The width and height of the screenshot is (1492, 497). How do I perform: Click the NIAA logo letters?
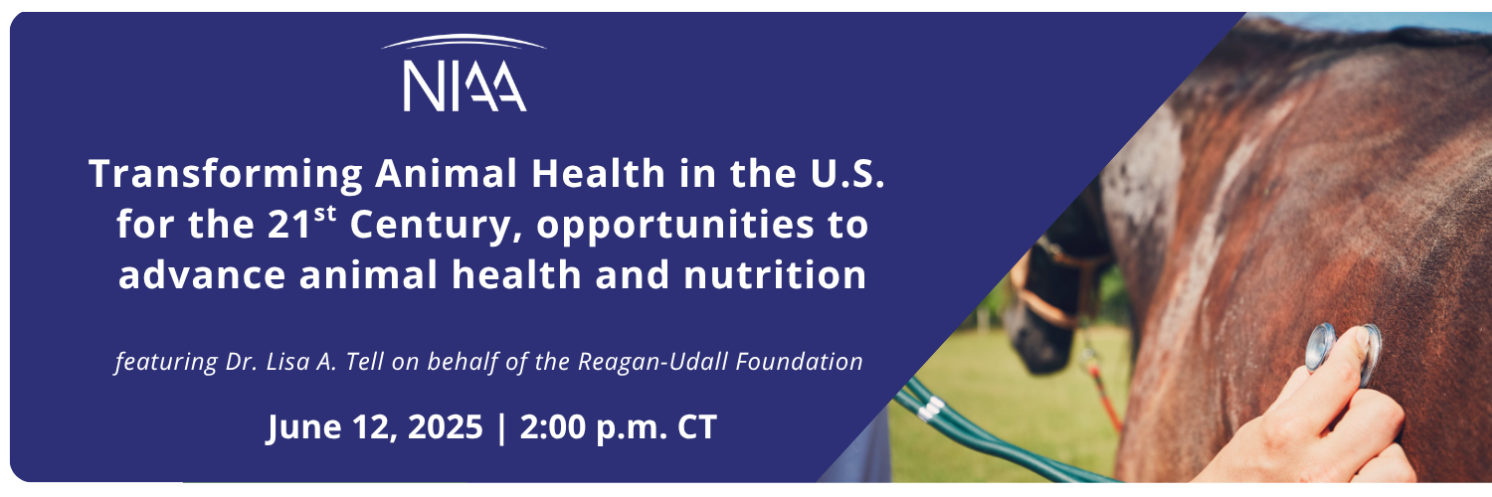465,86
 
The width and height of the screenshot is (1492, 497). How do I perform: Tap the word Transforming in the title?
226,174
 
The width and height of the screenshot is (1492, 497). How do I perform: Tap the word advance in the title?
202,274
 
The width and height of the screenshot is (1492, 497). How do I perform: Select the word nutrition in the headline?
775,274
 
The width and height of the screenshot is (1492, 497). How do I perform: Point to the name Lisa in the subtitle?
286,361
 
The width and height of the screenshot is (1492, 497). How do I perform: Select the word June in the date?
303,427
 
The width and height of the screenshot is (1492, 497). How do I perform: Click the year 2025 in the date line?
445,426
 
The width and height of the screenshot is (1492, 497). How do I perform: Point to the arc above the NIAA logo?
464,39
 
